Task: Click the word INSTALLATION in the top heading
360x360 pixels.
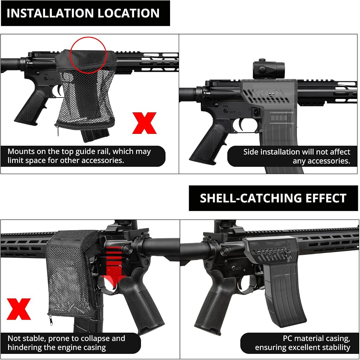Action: pos(50,13)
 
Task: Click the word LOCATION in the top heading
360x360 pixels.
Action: pos(129,13)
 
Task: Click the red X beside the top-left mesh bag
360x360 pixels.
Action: pos(145,123)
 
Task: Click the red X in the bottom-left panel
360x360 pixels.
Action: pos(19,309)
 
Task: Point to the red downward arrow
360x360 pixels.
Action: pos(114,264)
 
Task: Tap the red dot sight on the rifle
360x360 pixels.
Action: pos(269,69)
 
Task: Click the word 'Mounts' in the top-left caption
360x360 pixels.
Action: pos(21,152)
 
